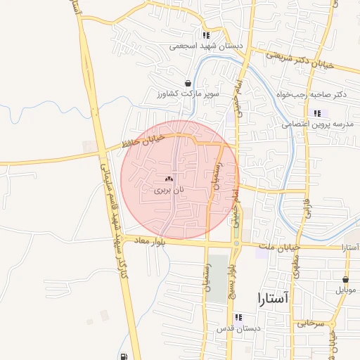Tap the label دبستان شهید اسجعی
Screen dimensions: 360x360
(206, 46)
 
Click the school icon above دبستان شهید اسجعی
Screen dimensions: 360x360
(205, 35)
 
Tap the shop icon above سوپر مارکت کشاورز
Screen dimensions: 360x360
(188, 82)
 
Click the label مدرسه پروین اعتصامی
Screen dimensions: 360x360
(317, 124)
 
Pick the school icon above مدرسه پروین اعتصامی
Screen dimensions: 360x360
(317, 113)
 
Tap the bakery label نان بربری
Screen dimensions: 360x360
(169, 190)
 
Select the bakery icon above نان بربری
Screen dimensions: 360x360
(169, 179)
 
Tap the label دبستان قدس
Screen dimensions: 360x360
(239, 328)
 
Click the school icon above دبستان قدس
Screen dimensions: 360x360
(238, 317)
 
